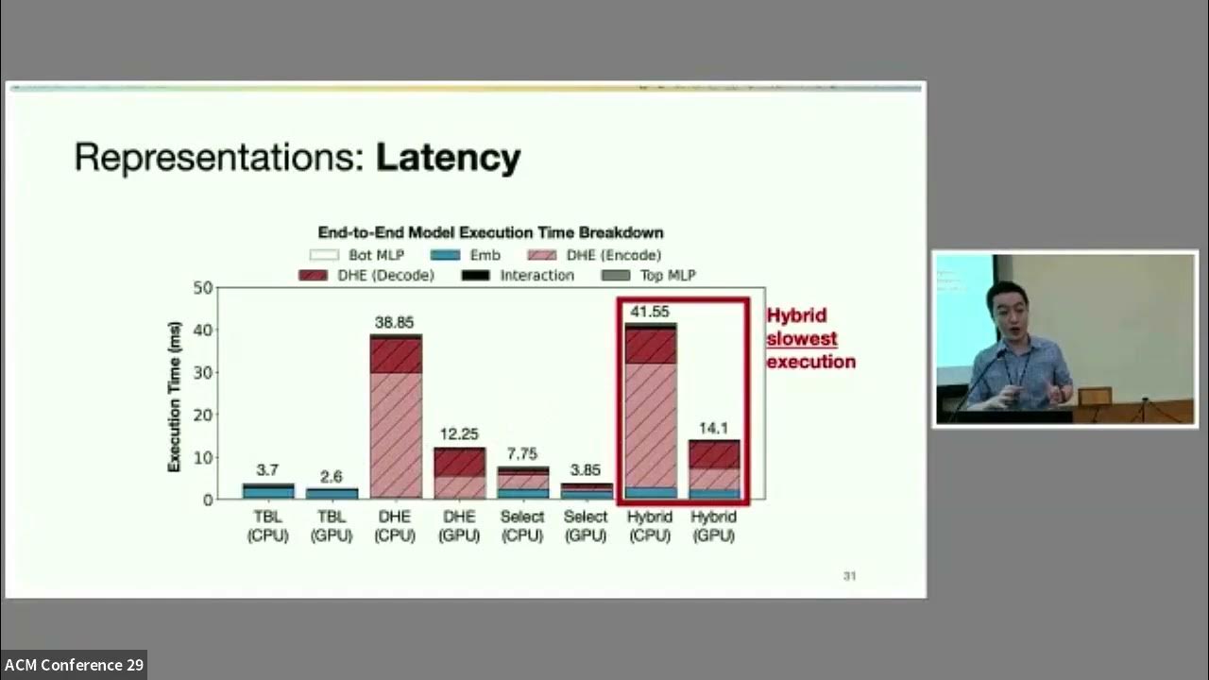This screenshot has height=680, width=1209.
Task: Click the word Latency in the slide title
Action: pos(448,158)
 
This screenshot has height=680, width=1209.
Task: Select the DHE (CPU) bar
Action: pos(395,416)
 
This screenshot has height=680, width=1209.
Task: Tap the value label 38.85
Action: pos(395,322)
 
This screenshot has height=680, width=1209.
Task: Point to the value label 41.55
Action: pos(650,311)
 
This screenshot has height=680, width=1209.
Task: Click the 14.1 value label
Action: pos(714,427)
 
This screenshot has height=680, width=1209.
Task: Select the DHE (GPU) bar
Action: pos(459,473)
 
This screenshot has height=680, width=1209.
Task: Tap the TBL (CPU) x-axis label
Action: pos(267,526)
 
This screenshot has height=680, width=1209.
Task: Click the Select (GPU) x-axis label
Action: pos(586,526)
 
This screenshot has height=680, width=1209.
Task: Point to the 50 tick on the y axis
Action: pos(202,287)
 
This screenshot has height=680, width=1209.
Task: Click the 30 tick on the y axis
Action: pos(202,372)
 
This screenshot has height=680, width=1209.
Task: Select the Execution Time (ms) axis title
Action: pos(174,395)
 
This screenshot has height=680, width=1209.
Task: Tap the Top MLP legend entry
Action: pos(649,276)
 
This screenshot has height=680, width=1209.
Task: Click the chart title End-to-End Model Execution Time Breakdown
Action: pos(490,232)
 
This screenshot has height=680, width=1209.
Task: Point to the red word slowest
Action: pos(801,339)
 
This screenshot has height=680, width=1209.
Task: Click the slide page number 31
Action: pos(849,576)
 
